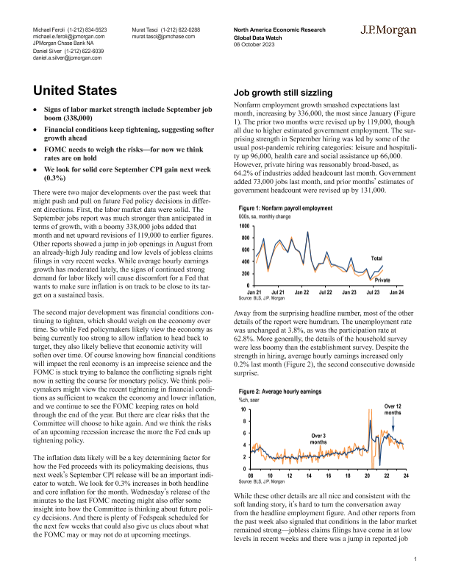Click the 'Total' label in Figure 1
pyautogui.click(x=376, y=258)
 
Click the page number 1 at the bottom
pyautogui.click(x=415, y=560)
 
